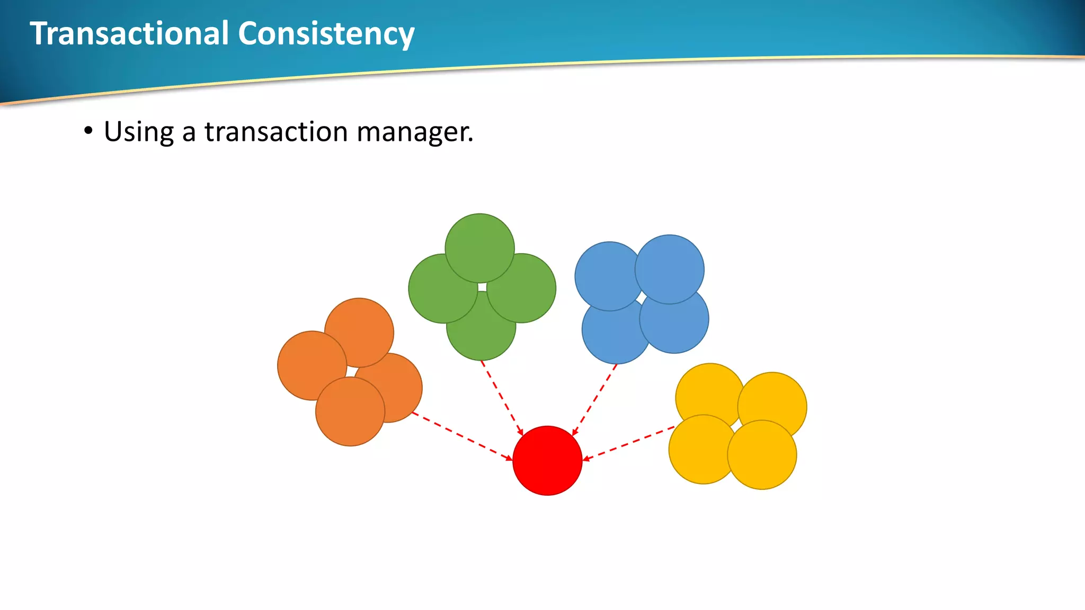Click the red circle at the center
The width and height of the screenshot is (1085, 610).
pos(547,461)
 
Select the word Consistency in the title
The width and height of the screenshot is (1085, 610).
pos(326,33)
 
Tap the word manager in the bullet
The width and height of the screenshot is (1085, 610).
pos(414,132)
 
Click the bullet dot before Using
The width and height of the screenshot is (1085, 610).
pos(88,131)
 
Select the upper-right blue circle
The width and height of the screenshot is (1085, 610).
pos(670,267)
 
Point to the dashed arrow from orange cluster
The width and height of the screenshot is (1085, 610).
pos(461,436)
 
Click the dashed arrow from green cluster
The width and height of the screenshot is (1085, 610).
pos(501,397)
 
